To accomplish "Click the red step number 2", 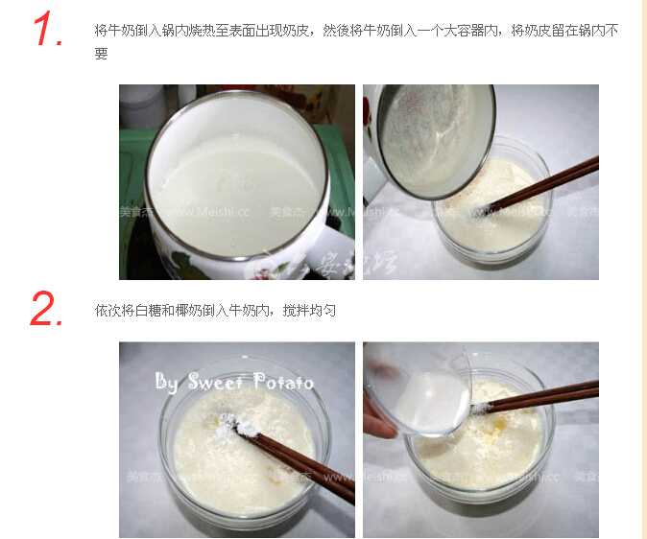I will [x=46, y=309].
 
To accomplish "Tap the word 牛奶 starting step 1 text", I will [x=117, y=31].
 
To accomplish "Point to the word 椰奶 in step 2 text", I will [x=190, y=311].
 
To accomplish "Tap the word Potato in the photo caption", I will [x=283, y=382].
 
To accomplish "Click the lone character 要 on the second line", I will [x=101, y=54].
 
